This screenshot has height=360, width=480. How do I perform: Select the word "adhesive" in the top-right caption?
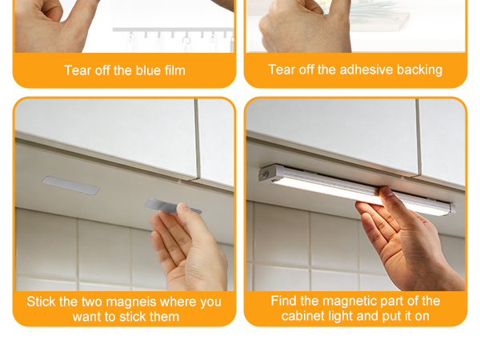click(366, 70)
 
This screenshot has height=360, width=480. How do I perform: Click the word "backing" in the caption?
click(418, 70)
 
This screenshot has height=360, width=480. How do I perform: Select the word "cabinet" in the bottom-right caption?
click(302, 316)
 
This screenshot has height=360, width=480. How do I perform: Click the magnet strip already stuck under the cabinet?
click(71, 186)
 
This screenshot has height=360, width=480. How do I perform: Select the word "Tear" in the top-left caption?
click(78, 70)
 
